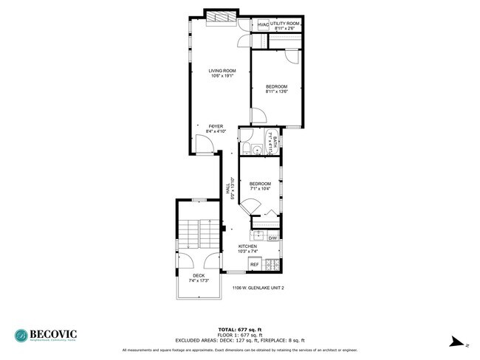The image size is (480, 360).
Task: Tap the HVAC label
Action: [x=263, y=24]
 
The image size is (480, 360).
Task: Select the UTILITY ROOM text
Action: [x=285, y=24]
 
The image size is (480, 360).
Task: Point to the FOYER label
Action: [x=216, y=126]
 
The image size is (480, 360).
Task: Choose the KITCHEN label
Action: [x=247, y=246]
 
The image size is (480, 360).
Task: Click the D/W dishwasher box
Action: [x=272, y=238]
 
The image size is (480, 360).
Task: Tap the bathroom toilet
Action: [x=256, y=151]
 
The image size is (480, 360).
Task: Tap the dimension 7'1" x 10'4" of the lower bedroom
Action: [x=260, y=189]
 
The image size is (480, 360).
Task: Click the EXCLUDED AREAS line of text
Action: [x=240, y=339]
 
